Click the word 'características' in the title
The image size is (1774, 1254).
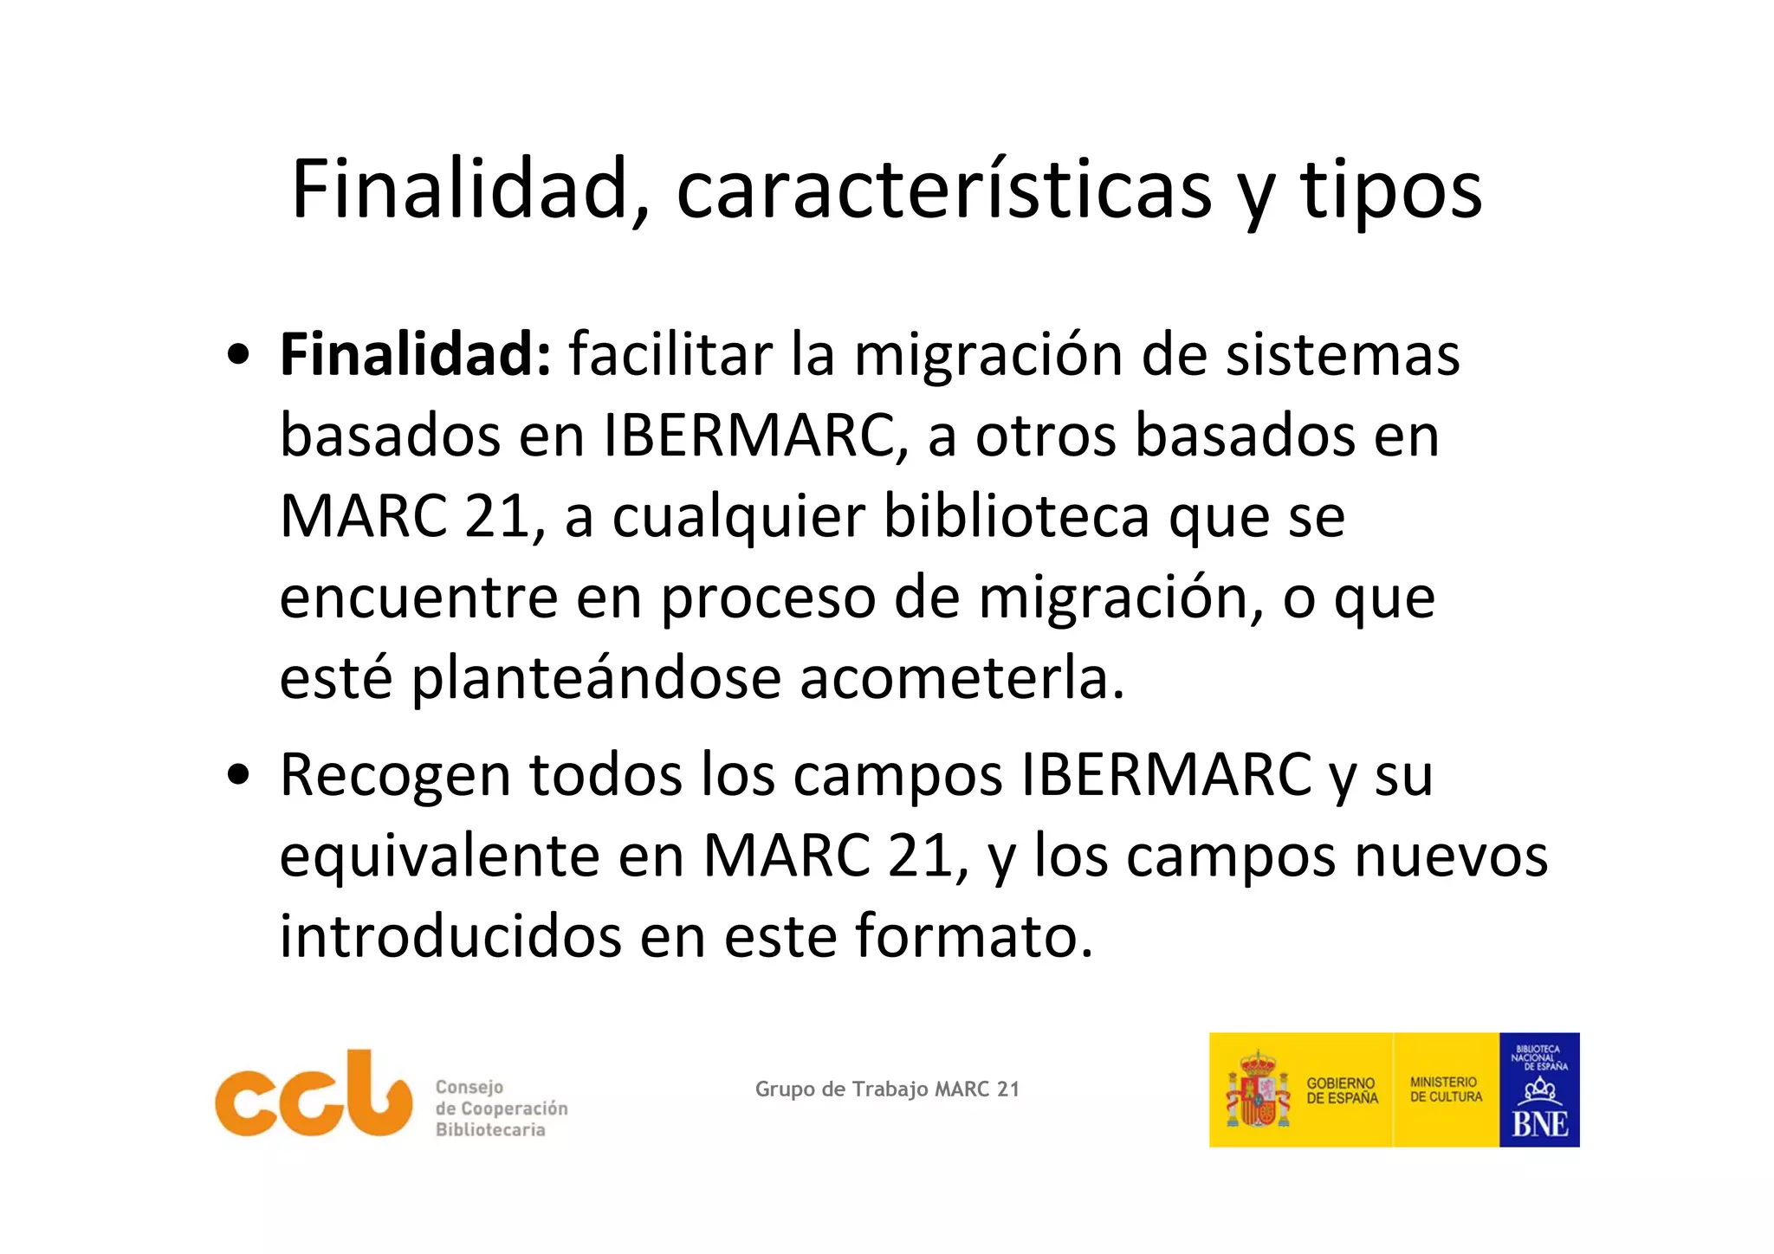point(943,190)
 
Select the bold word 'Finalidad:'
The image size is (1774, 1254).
point(415,354)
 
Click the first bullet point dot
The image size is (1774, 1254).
point(238,355)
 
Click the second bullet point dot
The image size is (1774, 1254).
point(238,773)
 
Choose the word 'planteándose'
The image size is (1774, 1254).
point(596,678)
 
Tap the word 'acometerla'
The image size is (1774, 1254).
point(960,678)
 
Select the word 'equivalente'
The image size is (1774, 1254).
point(439,856)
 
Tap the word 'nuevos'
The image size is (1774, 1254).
point(1450,856)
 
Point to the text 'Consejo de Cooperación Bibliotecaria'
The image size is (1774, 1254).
point(501,1109)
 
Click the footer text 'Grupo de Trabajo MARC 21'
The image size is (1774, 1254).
point(887,1089)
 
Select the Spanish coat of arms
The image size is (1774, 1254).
point(1258,1090)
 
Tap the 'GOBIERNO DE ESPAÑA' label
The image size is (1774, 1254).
point(1342,1090)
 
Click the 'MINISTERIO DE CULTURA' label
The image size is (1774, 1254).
point(1446,1089)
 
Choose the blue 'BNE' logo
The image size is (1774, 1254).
point(1539,1090)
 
